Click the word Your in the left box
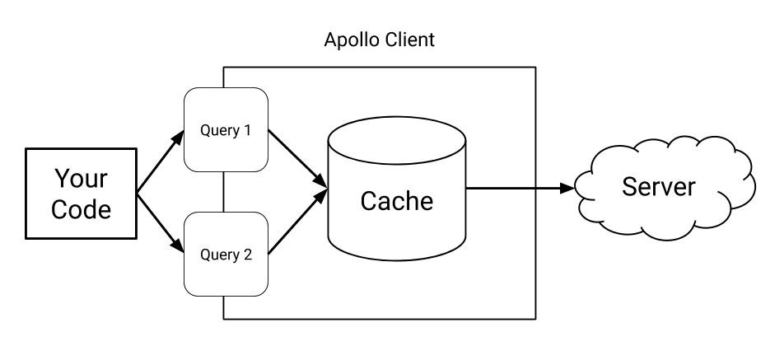(x=81, y=178)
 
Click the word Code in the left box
(x=81, y=209)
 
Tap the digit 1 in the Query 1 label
(x=246, y=130)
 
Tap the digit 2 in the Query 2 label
(x=247, y=255)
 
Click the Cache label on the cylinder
(x=396, y=200)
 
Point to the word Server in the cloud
(x=658, y=186)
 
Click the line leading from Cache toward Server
(x=501, y=188)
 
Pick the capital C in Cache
(x=369, y=200)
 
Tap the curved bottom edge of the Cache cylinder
(x=396, y=258)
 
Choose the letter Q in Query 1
(x=205, y=130)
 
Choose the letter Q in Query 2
(x=205, y=255)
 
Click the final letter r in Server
(x=691, y=188)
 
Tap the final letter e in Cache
(x=425, y=202)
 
